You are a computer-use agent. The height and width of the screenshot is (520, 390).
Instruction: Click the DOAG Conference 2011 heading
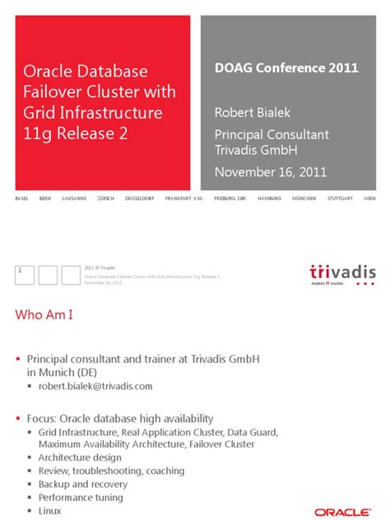coord(286,68)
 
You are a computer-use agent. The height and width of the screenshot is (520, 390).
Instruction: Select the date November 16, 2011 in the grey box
coord(271,172)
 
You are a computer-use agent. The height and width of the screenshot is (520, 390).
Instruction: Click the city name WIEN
coord(369,199)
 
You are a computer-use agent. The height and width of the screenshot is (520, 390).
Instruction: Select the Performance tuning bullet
coord(81,497)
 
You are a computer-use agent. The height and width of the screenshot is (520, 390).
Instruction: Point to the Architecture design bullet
coord(80,457)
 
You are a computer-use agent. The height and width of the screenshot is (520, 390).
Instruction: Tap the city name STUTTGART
coord(340,199)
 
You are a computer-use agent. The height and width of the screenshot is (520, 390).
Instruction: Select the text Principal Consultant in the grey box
coord(272,133)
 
